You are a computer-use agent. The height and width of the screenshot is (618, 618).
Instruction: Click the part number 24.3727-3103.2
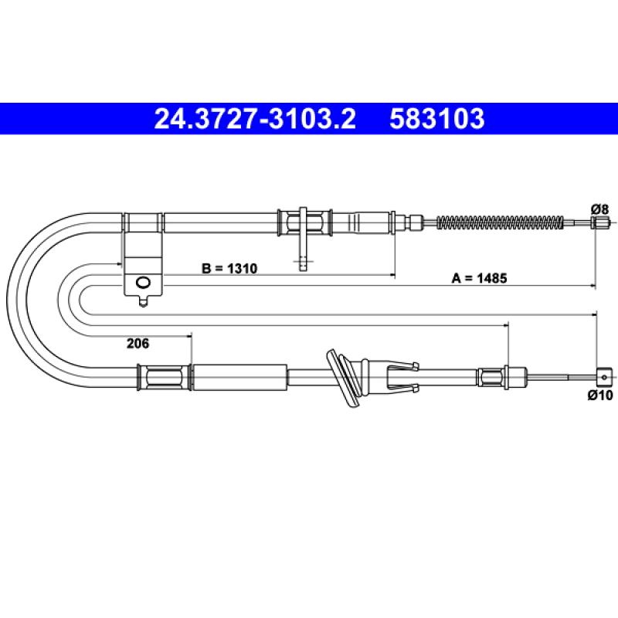pyautogui.click(x=255, y=119)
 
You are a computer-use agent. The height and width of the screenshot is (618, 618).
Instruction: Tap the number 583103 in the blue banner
pyautogui.click(x=436, y=119)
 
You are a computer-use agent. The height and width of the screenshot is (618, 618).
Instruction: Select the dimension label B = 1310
pyautogui.click(x=229, y=268)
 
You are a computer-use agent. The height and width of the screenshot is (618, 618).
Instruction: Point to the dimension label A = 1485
pyautogui.click(x=479, y=278)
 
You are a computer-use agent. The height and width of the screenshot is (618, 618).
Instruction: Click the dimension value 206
pyautogui.click(x=138, y=343)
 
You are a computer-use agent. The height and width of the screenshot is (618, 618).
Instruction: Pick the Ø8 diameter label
pyautogui.click(x=599, y=209)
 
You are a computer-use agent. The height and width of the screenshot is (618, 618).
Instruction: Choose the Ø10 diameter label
pyautogui.click(x=600, y=395)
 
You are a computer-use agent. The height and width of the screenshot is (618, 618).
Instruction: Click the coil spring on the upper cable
pyautogui.click(x=501, y=222)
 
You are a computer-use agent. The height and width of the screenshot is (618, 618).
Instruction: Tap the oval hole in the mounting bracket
pyautogui.click(x=143, y=283)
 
